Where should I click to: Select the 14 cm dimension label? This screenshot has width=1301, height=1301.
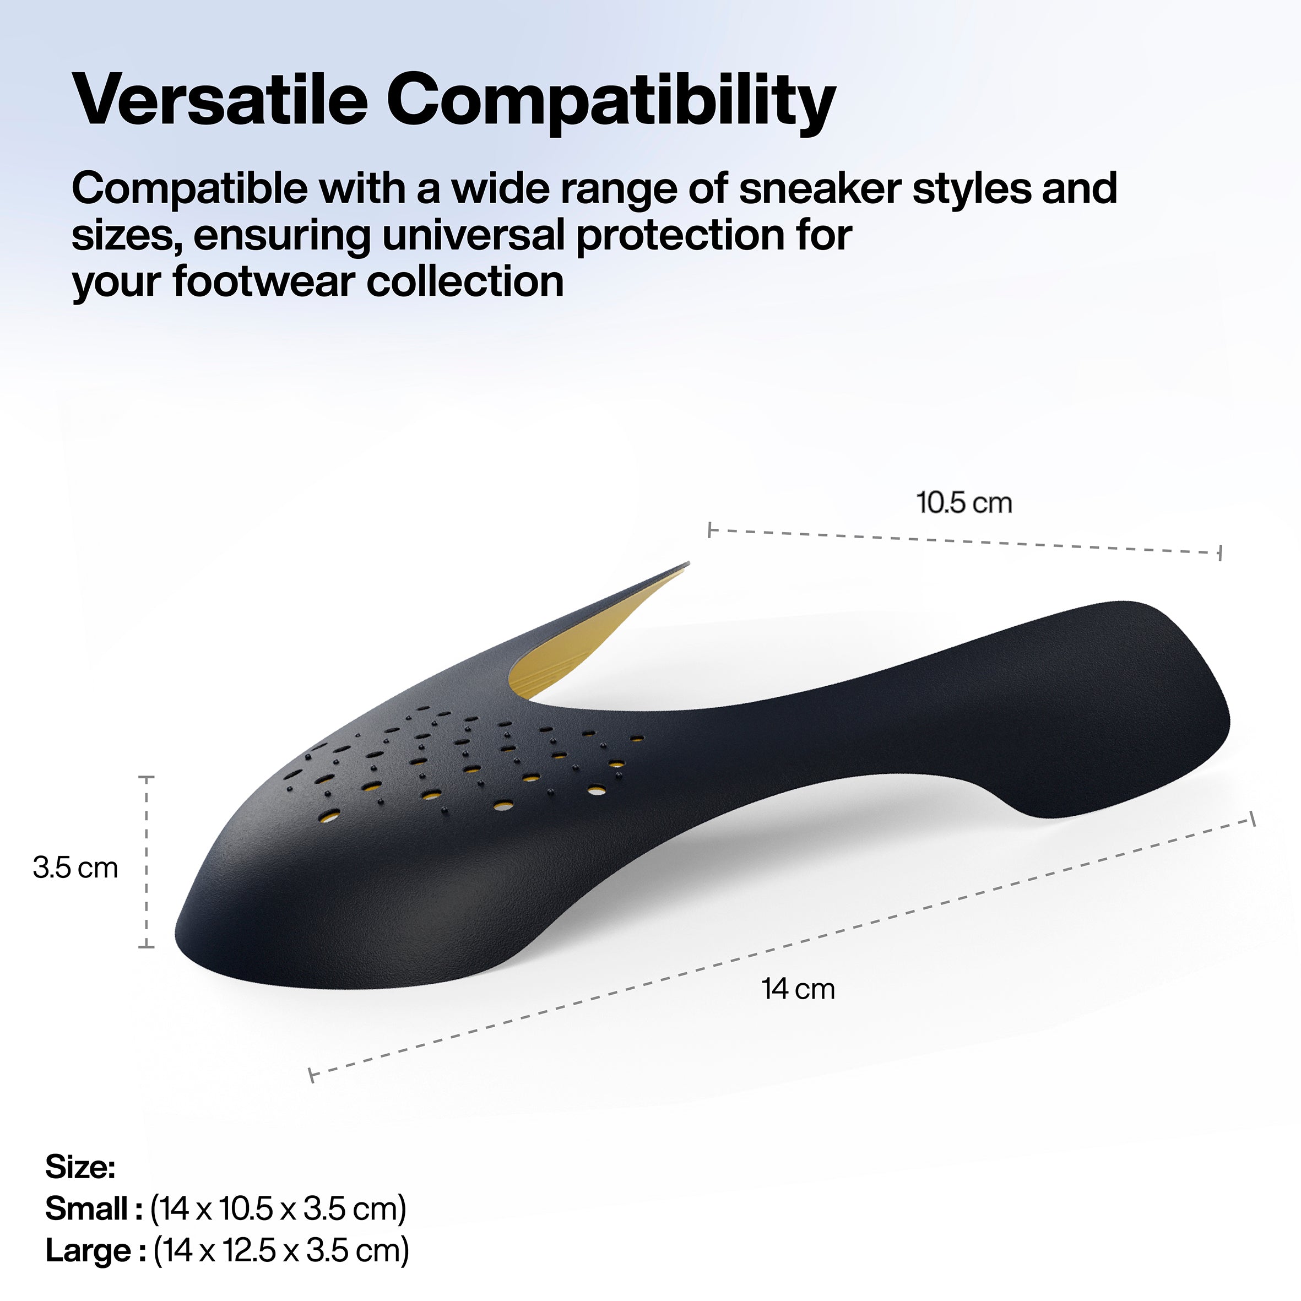pyautogui.click(x=799, y=989)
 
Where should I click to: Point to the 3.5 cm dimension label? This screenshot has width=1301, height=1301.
pyautogui.click(x=75, y=868)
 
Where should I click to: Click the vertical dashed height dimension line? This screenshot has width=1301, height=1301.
pyautogui.click(x=146, y=862)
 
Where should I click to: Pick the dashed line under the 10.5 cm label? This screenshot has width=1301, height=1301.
pyautogui.click(x=964, y=541)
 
